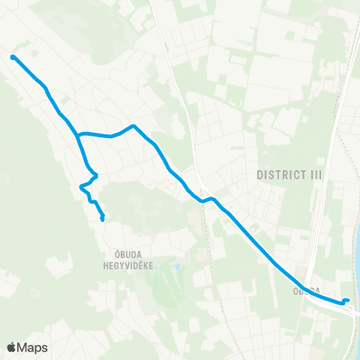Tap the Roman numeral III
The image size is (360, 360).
(316, 174)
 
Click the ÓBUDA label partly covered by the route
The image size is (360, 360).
(309, 289)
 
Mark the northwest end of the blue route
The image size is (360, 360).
(13, 56)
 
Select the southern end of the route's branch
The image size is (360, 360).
(102, 220)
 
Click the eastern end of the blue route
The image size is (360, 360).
(347, 301)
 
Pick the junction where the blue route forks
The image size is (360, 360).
(77, 135)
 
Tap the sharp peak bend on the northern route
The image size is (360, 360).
(133, 126)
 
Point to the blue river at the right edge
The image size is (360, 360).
(356, 255)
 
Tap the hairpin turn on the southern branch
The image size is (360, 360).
(81, 186)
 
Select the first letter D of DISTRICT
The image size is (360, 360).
(259, 174)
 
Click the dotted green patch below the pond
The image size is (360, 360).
(166, 289)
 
